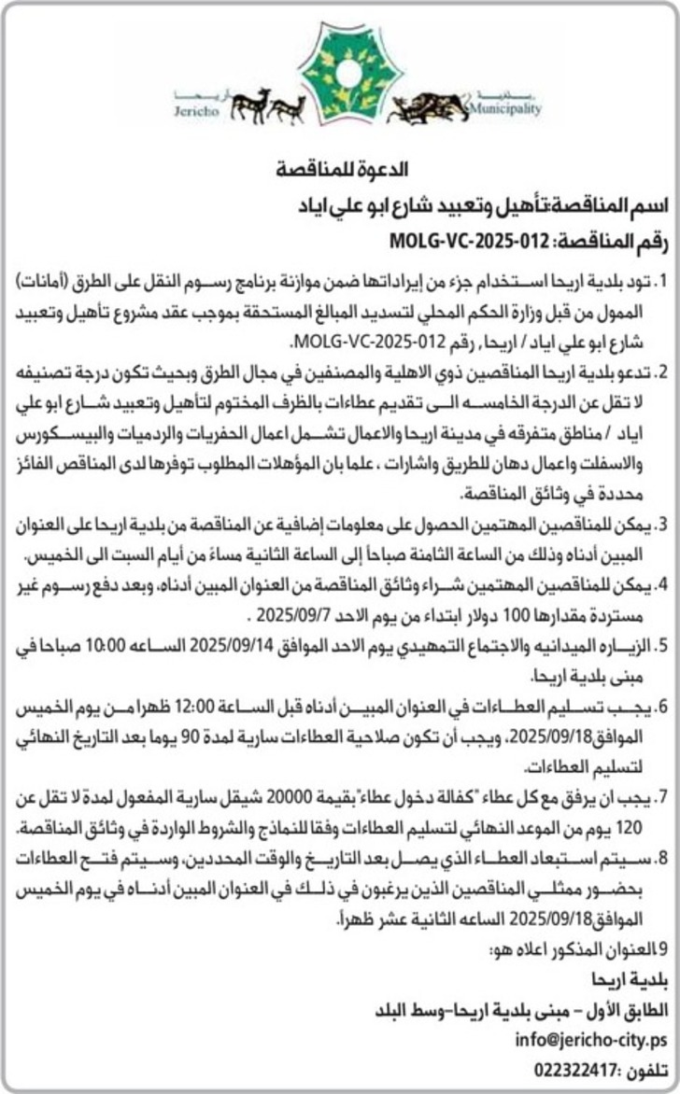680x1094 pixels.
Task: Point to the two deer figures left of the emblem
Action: [267, 105]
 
